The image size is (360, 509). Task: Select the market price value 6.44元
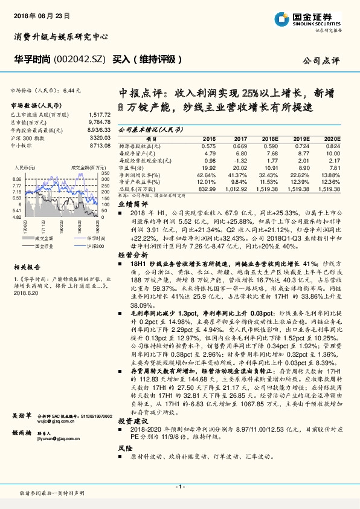[71, 90]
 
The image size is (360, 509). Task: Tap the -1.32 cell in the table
[240, 160]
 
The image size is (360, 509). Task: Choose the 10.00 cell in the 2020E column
[333, 154]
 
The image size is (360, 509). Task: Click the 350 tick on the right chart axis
[106, 173]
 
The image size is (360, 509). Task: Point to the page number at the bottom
[179, 487]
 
